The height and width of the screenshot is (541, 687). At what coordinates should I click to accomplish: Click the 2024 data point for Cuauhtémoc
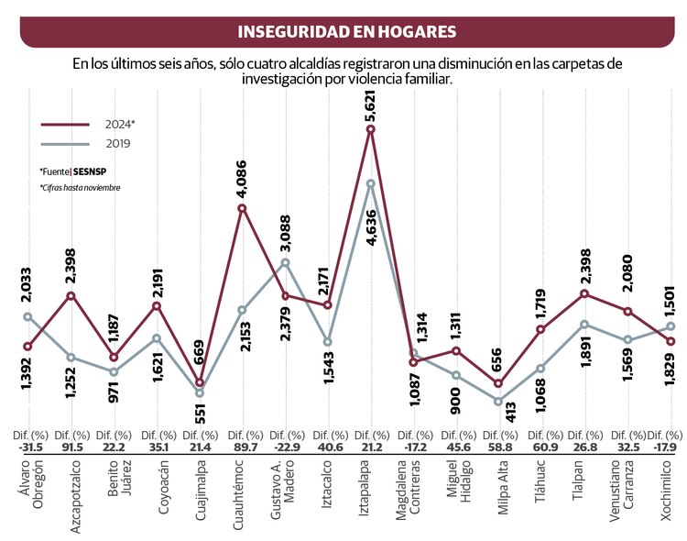point(242,208)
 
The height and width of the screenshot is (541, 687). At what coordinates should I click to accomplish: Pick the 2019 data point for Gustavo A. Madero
point(285,262)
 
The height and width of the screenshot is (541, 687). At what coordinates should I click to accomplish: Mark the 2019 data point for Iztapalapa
point(370,183)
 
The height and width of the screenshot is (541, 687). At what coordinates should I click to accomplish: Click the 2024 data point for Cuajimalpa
point(199,382)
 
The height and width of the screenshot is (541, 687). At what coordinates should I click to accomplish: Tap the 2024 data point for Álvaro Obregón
point(28,347)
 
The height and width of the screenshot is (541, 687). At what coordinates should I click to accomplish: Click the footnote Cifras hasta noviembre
point(80,188)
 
